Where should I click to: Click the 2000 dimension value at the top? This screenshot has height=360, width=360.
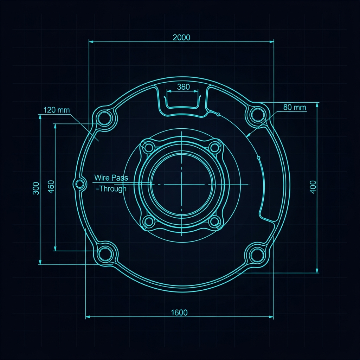pyautogui.click(x=181, y=37)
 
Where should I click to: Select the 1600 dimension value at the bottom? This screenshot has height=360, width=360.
pyautogui.click(x=179, y=313)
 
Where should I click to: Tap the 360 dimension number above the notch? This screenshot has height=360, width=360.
pyautogui.click(x=184, y=87)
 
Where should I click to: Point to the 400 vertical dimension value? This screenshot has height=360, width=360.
pyautogui.click(x=313, y=187)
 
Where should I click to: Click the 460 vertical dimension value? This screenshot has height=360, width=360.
pyautogui.click(x=51, y=187)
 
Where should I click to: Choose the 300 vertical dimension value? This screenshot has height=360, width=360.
pyautogui.click(x=36, y=188)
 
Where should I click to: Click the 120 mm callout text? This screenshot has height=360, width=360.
pyautogui.click(x=57, y=110)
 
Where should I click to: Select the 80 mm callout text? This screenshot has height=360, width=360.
pyautogui.click(x=295, y=107)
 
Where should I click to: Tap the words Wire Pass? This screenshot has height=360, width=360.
pyautogui.click(x=111, y=178)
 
